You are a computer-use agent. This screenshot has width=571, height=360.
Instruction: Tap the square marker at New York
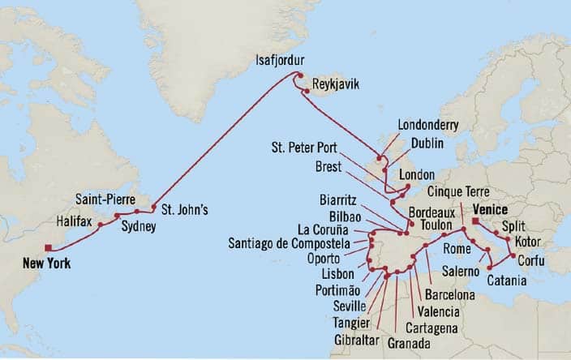coord(49,248)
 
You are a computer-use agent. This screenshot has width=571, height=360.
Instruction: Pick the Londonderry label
coord(429,125)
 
